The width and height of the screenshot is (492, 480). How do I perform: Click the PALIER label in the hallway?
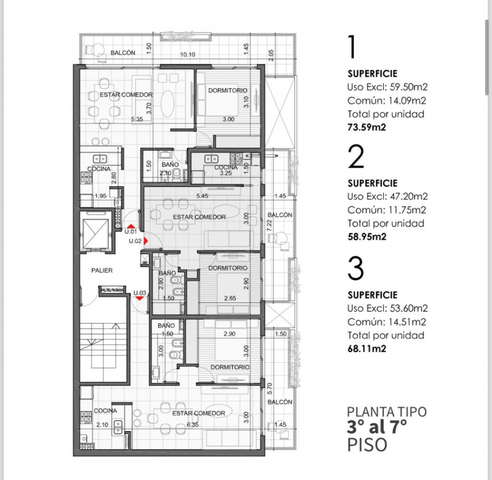(x=102, y=270)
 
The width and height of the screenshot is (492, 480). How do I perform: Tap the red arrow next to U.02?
(x=145, y=242)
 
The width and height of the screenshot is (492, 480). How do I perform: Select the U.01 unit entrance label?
(x=131, y=232)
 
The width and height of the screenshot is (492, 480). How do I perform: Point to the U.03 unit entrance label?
(x=140, y=293)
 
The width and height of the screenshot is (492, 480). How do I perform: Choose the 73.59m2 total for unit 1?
(x=367, y=127)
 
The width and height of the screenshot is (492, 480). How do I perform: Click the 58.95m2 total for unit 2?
(x=367, y=236)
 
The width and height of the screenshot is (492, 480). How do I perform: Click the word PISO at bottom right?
(x=367, y=445)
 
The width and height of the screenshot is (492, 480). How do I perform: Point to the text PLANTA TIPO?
(x=387, y=412)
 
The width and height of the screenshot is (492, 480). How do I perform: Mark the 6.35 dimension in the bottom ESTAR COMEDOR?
(x=192, y=425)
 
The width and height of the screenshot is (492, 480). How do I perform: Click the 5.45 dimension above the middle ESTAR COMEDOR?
(x=202, y=196)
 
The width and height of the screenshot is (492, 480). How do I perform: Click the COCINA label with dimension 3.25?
(x=226, y=168)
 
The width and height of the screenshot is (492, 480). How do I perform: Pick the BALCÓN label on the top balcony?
(x=123, y=53)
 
